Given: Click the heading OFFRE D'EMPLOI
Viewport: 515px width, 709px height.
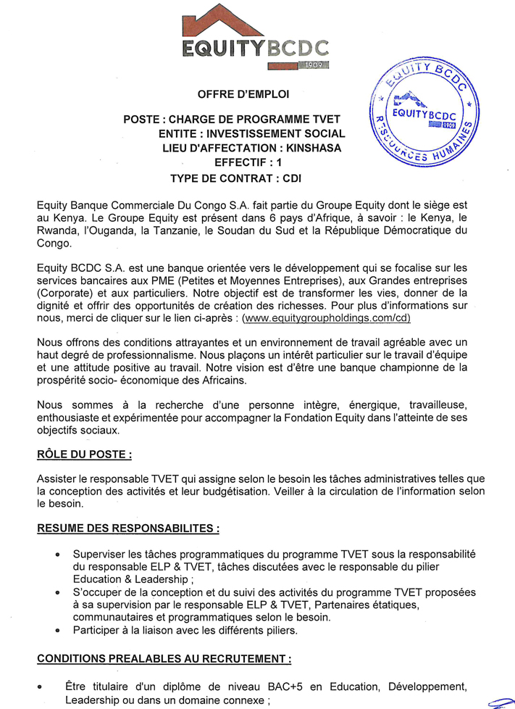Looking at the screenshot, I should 243,94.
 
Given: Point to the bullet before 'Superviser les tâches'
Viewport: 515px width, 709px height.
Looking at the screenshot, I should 58,555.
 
